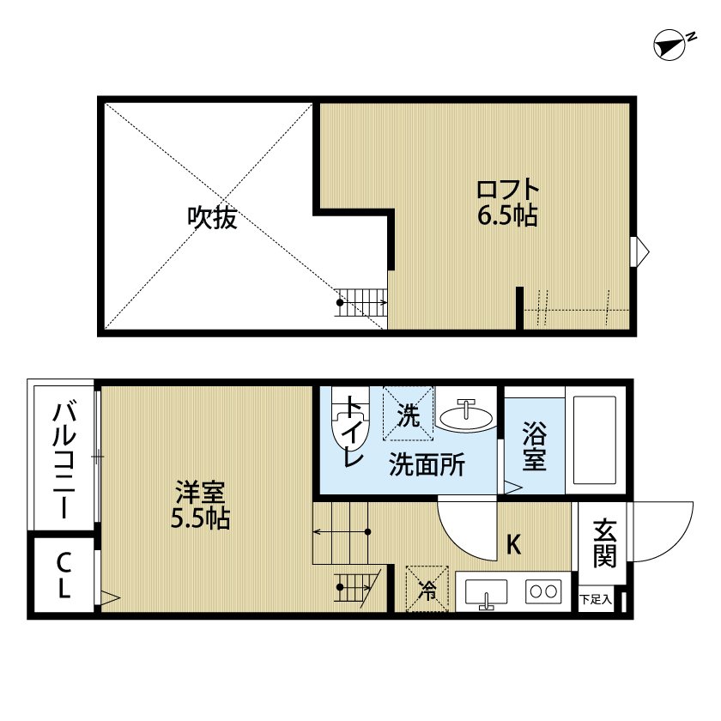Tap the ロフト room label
(x=508, y=189)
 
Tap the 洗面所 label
(x=427, y=465)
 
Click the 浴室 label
(x=534, y=445)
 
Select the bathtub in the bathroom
(x=594, y=439)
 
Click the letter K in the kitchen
(x=513, y=544)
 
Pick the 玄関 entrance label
(x=605, y=542)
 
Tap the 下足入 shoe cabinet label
(x=595, y=599)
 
